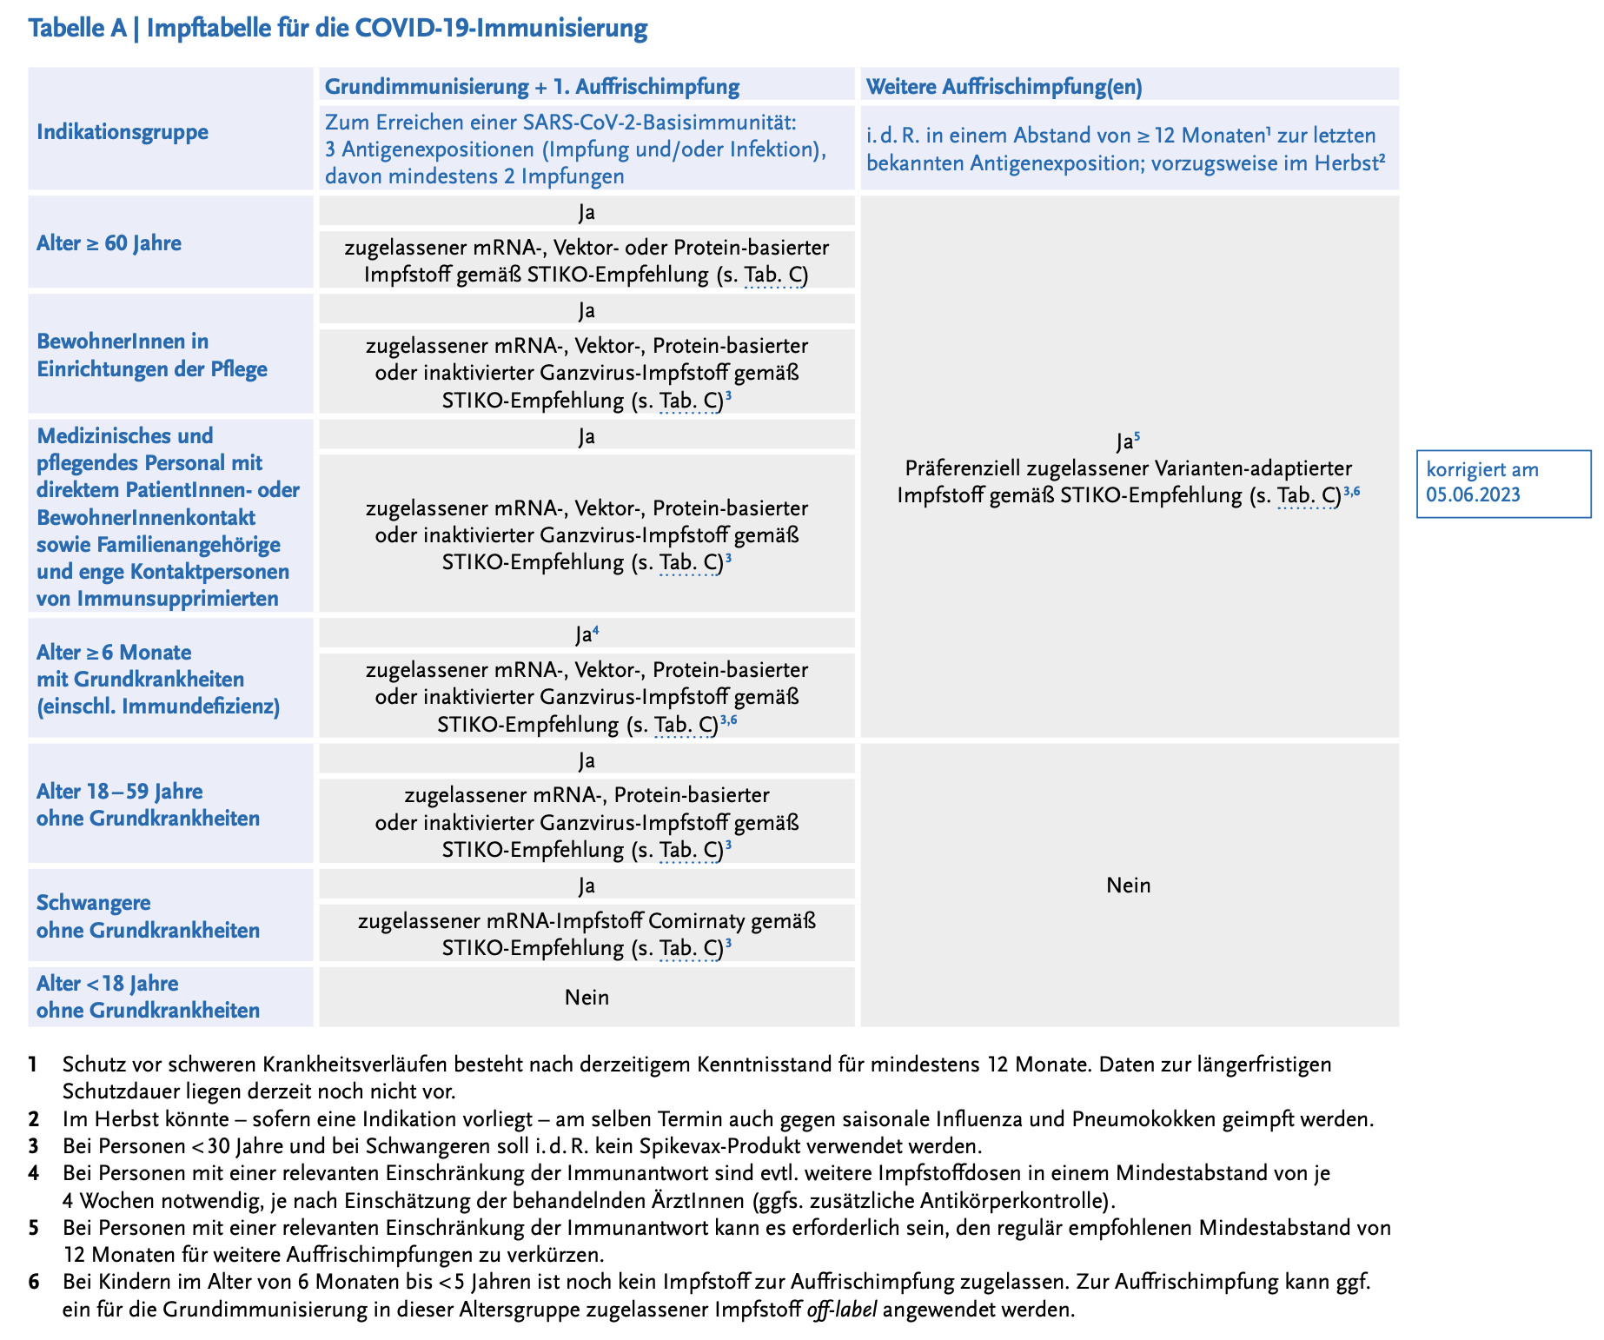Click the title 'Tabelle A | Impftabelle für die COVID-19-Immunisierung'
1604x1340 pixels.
337,29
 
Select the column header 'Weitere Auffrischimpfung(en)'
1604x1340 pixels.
1004,86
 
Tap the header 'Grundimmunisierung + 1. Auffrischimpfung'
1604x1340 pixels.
532,86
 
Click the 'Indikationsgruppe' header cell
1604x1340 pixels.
123,132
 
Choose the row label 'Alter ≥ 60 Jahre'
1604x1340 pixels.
109,242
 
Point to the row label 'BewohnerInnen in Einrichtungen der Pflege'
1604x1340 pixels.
151,355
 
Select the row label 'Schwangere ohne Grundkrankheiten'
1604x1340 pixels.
148,916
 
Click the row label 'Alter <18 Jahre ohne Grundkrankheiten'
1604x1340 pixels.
148,997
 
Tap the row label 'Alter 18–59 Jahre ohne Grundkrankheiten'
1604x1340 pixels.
148,805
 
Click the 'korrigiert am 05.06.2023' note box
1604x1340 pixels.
1502,482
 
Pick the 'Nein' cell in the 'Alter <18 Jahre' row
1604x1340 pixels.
587,997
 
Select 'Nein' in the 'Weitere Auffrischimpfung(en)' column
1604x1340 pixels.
1128,885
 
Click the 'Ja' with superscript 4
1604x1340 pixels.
585,635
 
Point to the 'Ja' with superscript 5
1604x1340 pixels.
1125,441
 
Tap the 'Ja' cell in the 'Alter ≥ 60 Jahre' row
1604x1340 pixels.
587,212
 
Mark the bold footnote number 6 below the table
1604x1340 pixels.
34,1282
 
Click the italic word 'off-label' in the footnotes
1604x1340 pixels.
842,1309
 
